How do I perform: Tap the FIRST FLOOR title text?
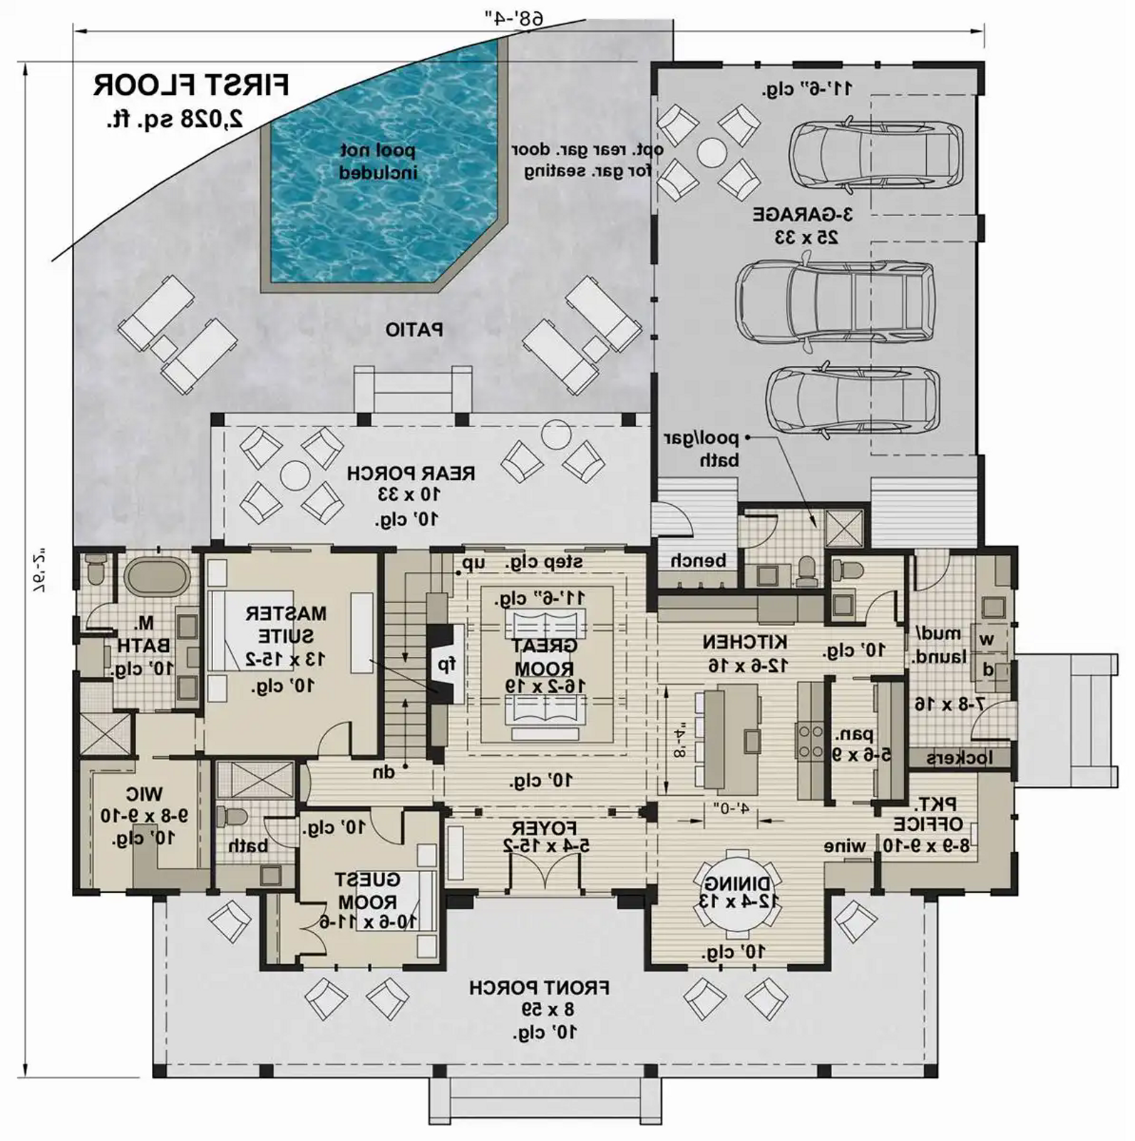tap(191, 86)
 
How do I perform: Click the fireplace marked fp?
tap(446, 665)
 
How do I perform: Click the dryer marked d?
tap(988, 670)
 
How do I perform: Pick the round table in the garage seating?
tap(711, 151)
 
